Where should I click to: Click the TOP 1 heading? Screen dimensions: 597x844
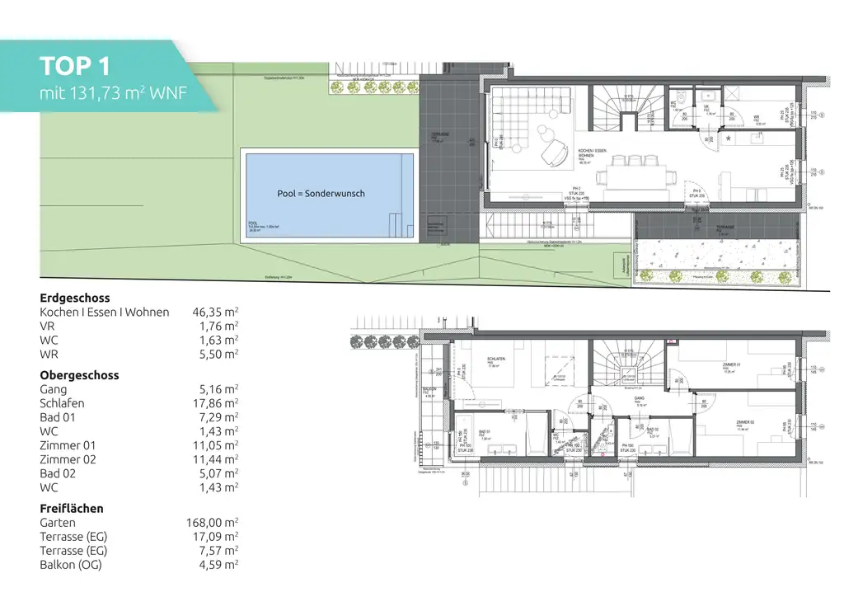75,66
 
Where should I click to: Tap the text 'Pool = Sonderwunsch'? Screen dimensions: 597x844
321,194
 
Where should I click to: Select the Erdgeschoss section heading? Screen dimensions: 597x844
75,298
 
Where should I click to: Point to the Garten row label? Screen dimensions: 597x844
58,523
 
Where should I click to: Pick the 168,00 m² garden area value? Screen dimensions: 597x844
213,523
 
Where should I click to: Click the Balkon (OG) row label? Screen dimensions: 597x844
73,565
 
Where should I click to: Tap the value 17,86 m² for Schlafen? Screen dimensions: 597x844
214,403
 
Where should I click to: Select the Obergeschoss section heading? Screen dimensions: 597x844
79,375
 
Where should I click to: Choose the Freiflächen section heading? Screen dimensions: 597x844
72,509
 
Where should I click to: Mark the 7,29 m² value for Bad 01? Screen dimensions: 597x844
216,417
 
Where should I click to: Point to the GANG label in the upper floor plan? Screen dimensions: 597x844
638,397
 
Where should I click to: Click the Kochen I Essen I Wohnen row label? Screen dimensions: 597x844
105,312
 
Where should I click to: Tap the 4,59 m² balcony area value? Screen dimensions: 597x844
216,565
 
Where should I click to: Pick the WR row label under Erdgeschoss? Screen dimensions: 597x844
49,354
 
